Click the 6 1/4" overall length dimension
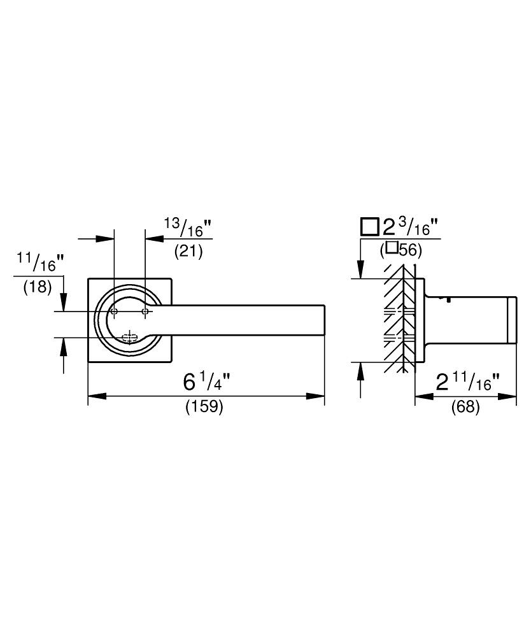click(207, 382)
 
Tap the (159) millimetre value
click(204, 406)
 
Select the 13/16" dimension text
click(188, 227)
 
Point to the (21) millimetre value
click(188, 252)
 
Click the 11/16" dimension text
click(40, 262)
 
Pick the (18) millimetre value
click(38, 287)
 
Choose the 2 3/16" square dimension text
click(411, 227)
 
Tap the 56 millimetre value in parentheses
click(401, 250)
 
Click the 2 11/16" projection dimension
click(467, 382)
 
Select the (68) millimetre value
click(465, 406)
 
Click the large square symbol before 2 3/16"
click(370, 227)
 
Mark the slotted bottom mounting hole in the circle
click(129, 337)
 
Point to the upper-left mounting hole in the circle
click(114, 311)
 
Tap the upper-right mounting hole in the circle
click(145, 311)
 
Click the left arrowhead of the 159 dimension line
click(97, 396)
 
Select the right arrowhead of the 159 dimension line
click(315, 396)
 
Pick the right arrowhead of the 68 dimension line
click(507, 396)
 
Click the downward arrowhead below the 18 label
click(63, 302)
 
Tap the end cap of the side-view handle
click(513, 320)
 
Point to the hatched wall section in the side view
click(400, 319)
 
